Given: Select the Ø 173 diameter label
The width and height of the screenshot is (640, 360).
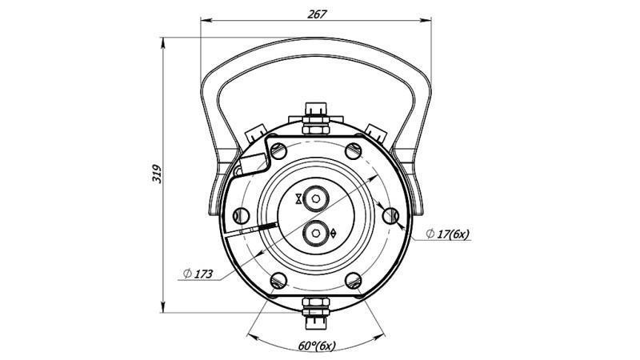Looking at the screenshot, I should (198, 274).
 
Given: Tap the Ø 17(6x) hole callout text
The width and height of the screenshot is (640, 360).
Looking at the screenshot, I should (450, 234).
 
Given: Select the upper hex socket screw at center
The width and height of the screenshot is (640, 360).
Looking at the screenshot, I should (317, 198).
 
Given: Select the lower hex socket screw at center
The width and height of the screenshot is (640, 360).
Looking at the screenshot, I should (317, 233).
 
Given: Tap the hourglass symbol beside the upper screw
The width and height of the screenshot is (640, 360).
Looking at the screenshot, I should (299, 198).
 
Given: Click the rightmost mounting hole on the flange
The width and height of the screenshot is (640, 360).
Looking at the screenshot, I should (391, 214).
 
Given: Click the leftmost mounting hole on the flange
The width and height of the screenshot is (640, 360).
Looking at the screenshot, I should (240, 214).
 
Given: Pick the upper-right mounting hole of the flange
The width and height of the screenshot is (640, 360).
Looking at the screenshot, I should (354, 150).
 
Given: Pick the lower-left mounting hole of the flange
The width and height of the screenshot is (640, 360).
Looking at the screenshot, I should (278, 280).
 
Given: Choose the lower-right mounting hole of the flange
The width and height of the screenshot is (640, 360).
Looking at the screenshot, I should (354, 280).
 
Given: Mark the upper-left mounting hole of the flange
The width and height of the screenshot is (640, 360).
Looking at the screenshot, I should (278, 150).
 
